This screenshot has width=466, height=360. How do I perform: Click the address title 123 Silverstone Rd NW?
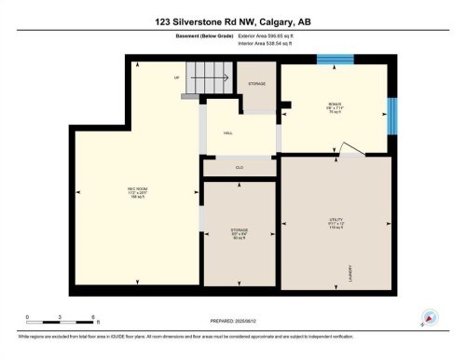(232, 21)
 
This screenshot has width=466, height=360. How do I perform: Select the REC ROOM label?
(138, 193)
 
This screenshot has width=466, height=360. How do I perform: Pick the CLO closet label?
(239, 167)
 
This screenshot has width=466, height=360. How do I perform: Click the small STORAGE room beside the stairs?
(256, 85)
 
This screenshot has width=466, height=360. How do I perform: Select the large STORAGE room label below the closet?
(239, 234)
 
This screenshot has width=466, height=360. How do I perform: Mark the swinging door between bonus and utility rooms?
(349, 149)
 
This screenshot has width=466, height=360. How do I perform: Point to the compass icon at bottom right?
(430, 317)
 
